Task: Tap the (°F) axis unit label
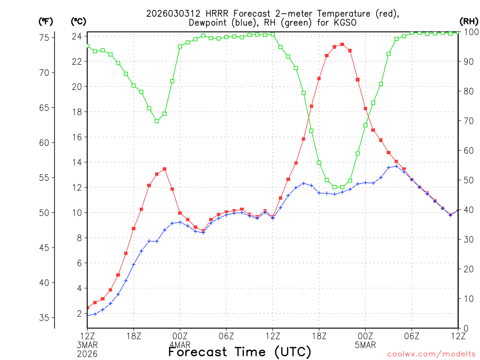tap(46, 22)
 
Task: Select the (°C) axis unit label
tap(78, 22)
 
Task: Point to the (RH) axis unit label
tap(468, 22)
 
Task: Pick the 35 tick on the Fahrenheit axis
tap(46, 318)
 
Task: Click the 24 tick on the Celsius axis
tap(77, 37)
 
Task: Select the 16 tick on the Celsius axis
tap(77, 137)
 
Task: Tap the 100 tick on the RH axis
tap(469, 32)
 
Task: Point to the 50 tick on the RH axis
tap(467, 180)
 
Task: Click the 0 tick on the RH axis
tap(465, 328)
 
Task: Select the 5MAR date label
tap(365, 345)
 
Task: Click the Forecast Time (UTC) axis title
tap(240, 352)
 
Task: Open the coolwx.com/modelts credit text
tap(431, 354)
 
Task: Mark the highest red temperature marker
tap(342, 45)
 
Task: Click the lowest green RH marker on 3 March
tap(157, 121)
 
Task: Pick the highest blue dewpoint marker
tap(397, 166)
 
